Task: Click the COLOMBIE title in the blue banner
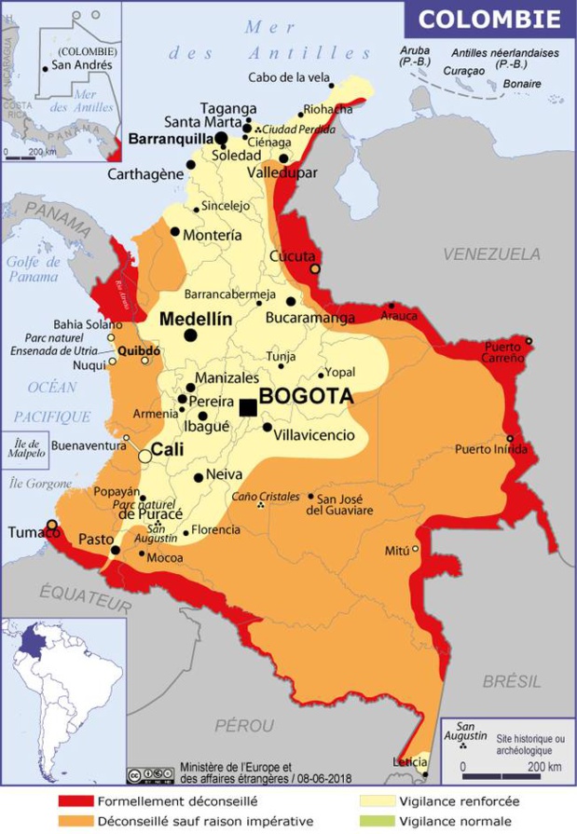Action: tap(489, 19)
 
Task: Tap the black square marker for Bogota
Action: tap(248, 407)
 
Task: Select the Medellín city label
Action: tap(196, 319)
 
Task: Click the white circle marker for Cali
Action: tap(145, 456)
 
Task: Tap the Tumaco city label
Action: tap(28, 532)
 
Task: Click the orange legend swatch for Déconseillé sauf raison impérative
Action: tap(76, 821)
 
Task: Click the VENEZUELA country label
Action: tap(491, 253)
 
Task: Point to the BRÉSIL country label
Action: tap(512, 681)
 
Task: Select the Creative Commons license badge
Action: tap(150, 775)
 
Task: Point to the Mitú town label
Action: tap(397, 551)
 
